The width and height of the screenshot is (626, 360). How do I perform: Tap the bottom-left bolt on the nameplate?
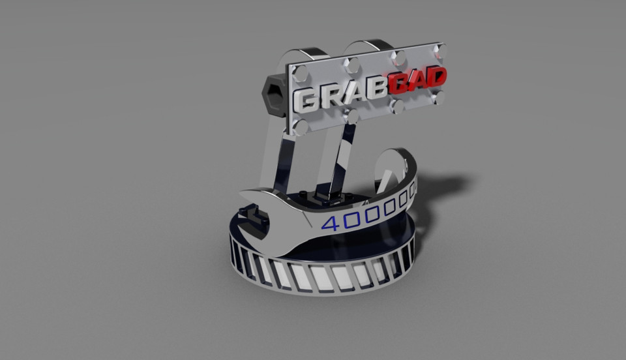(x=301, y=126)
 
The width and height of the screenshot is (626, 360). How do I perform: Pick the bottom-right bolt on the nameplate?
(x=438, y=98)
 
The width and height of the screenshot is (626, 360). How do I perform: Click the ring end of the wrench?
(x=394, y=170)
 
